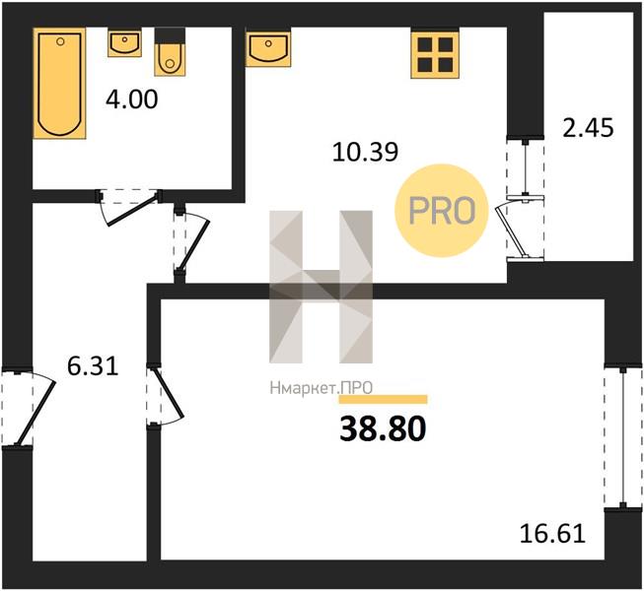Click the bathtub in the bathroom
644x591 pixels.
pyautogui.click(x=59, y=84)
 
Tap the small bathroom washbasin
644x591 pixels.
pyautogui.click(x=125, y=42)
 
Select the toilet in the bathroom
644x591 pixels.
pyautogui.click(x=170, y=51)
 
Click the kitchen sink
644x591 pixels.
pyautogui.click(x=268, y=47)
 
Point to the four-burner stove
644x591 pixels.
pyautogui.click(x=435, y=53)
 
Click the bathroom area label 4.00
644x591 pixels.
pyautogui.click(x=131, y=99)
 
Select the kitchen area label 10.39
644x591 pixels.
pyautogui.click(x=365, y=152)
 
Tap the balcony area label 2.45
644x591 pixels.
pyautogui.click(x=588, y=127)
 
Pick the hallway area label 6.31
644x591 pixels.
pyautogui.click(x=94, y=366)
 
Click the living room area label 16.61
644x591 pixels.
pyautogui.click(x=552, y=534)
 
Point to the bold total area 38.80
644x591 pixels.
pyautogui.click(x=383, y=429)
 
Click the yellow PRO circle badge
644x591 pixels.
pyautogui.click(x=442, y=211)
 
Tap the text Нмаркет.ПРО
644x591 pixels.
pyautogui.click(x=322, y=388)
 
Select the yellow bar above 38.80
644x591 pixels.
pyautogui.click(x=383, y=400)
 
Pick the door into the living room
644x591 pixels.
pyautogui.click(x=165, y=395)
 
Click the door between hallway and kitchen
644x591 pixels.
pyautogui.click(x=191, y=242)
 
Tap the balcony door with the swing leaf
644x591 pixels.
pyautogui.click(x=523, y=229)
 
